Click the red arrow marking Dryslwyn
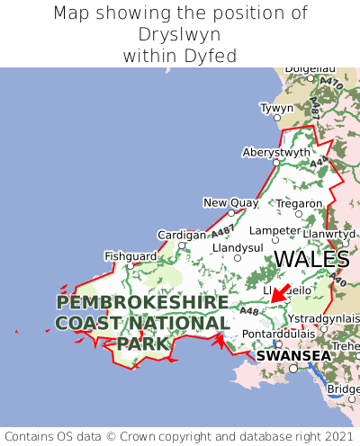(x=280, y=292)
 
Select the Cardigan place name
(x=181, y=235)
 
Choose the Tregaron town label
(x=299, y=203)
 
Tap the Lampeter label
(x=274, y=230)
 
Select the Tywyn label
(x=276, y=108)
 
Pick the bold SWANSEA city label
(x=292, y=355)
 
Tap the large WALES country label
(x=311, y=260)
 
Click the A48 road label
(x=249, y=311)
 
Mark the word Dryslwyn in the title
(x=180, y=35)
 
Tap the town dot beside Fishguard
(x=130, y=265)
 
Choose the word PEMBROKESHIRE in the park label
(x=142, y=302)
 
